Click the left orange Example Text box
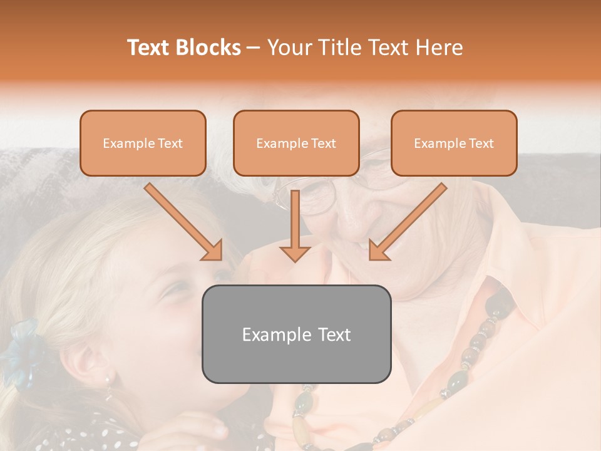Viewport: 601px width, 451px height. coord(143,143)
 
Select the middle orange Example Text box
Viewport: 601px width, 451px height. coord(296,143)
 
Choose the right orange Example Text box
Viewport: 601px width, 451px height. coord(454,143)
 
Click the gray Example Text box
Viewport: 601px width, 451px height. coord(296,334)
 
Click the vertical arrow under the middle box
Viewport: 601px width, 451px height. coord(295,225)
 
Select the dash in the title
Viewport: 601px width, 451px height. coord(254,48)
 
